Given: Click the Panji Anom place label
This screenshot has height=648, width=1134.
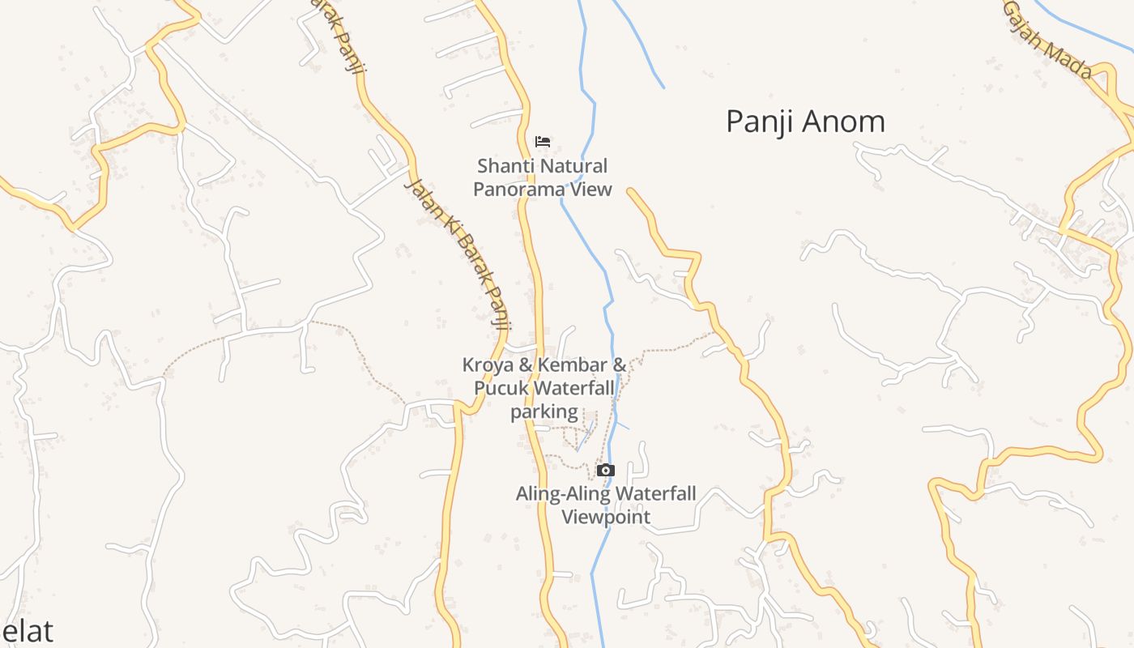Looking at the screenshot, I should click(x=805, y=122).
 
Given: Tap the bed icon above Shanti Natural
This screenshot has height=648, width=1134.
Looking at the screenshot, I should click(x=543, y=142).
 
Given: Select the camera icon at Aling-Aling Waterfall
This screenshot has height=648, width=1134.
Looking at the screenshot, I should click(x=605, y=471).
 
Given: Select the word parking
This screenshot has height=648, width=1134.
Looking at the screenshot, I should click(x=544, y=411).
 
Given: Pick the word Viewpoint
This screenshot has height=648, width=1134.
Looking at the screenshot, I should click(x=606, y=517).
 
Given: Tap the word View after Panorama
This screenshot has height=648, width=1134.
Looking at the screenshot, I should click(x=594, y=190).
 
